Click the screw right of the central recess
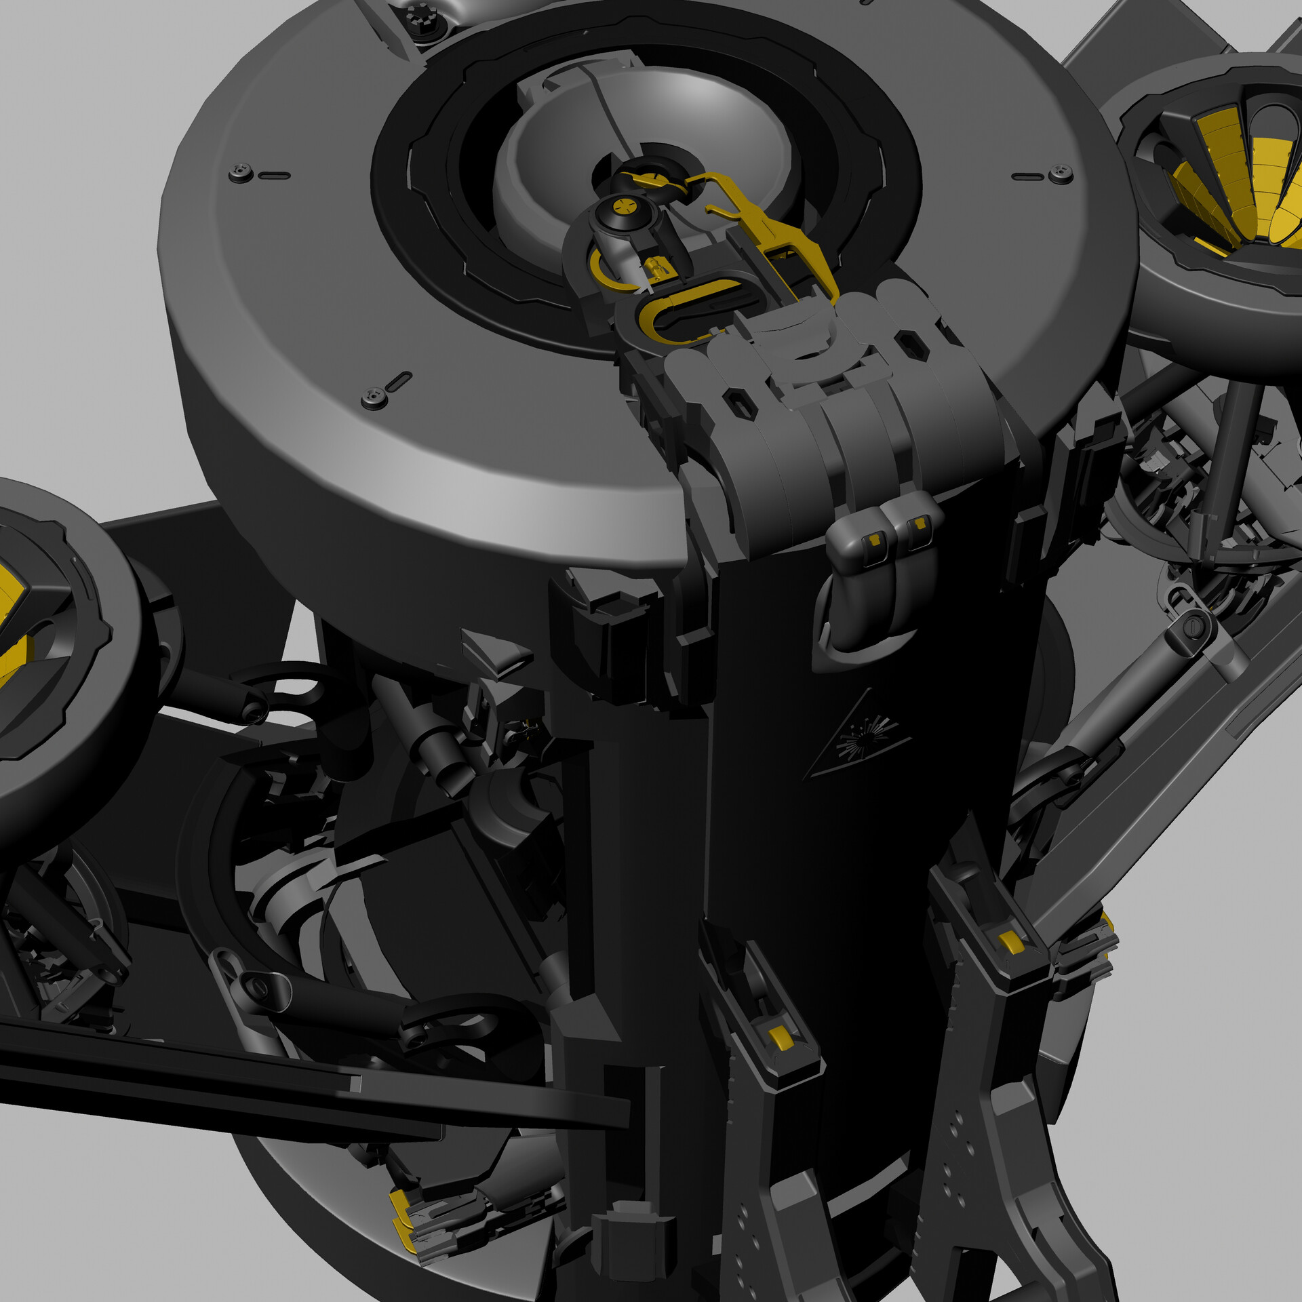coord(1060,174)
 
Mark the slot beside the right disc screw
coord(1028,177)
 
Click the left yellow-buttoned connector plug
coord(873,539)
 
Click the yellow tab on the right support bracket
coord(1010,941)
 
